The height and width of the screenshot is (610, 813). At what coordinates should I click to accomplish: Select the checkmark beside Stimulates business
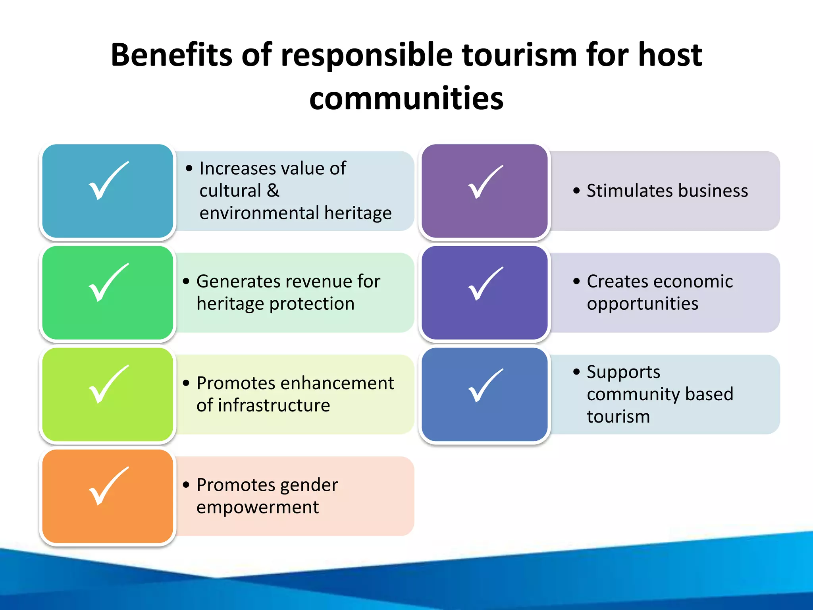(x=485, y=182)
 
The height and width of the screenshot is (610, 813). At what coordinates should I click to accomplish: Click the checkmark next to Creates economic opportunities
(x=485, y=284)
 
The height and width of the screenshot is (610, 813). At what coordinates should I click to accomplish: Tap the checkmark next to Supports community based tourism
(x=485, y=386)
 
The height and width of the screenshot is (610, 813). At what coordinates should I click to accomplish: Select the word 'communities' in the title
(x=406, y=98)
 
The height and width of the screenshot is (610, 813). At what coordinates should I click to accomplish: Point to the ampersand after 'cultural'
(x=273, y=191)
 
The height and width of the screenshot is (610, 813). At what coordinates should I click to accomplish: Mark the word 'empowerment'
(x=257, y=507)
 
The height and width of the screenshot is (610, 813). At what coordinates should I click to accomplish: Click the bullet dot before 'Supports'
(x=576, y=372)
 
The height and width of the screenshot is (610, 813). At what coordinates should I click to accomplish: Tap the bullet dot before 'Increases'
(x=189, y=168)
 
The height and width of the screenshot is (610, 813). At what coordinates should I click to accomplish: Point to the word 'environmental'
(x=259, y=213)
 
